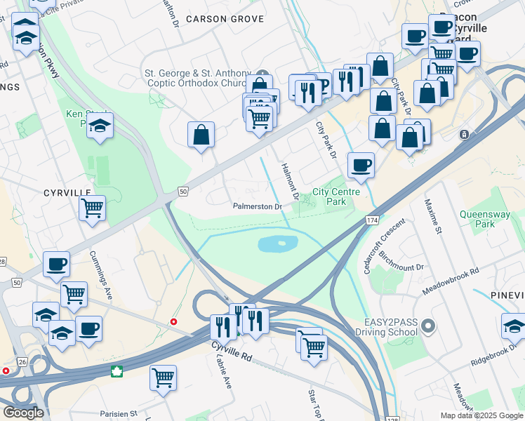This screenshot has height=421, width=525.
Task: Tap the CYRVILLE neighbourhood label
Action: point(67,192)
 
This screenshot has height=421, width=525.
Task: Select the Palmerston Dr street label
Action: point(258,207)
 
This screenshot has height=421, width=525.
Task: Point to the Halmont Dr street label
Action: point(290,180)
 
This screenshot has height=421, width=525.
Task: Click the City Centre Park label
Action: point(336,196)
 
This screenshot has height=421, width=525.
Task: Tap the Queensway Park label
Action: point(487,219)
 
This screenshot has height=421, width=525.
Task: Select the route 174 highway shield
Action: point(371,220)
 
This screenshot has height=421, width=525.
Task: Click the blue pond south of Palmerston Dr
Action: point(278,244)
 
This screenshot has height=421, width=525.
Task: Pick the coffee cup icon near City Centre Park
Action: point(361,165)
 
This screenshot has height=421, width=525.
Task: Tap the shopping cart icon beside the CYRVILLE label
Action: point(93,208)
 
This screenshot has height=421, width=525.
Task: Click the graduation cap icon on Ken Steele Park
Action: point(100,126)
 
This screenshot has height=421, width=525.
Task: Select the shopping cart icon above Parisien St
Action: point(163,377)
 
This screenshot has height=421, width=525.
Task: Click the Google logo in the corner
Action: point(23,413)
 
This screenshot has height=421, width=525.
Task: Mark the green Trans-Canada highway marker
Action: point(117,371)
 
